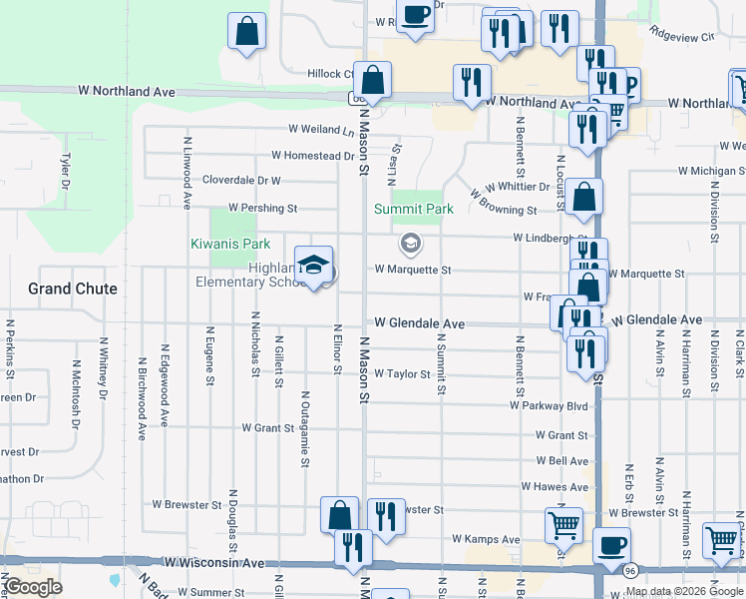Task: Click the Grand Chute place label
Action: tap(73, 289)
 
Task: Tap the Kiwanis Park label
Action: tap(230, 244)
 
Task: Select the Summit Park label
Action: tap(414, 209)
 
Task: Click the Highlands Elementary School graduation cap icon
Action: tap(314, 265)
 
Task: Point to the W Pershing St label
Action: tap(262, 209)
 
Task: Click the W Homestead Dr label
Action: tap(313, 156)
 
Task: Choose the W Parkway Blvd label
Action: tap(548, 406)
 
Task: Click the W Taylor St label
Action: tap(402, 374)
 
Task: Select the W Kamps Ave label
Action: tap(486, 539)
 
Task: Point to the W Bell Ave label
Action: tap(561, 461)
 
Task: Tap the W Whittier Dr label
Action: tap(518, 187)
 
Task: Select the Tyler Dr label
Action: tap(66, 171)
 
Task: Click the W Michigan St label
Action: tap(703, 172)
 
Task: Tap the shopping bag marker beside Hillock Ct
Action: tap(372, 80)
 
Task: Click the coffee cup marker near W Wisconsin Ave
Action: tap(611, 545)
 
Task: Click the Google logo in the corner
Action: tap(34, 587)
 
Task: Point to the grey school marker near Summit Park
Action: tap(410, 243)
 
